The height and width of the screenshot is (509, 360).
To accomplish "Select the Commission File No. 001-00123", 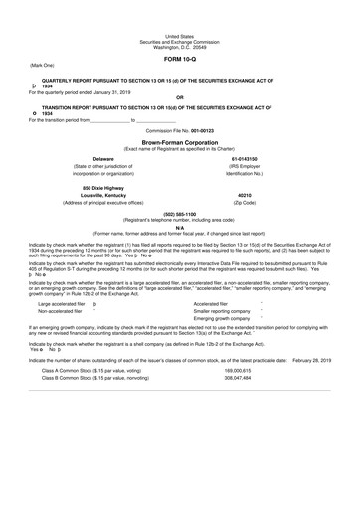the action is point(180,130).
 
